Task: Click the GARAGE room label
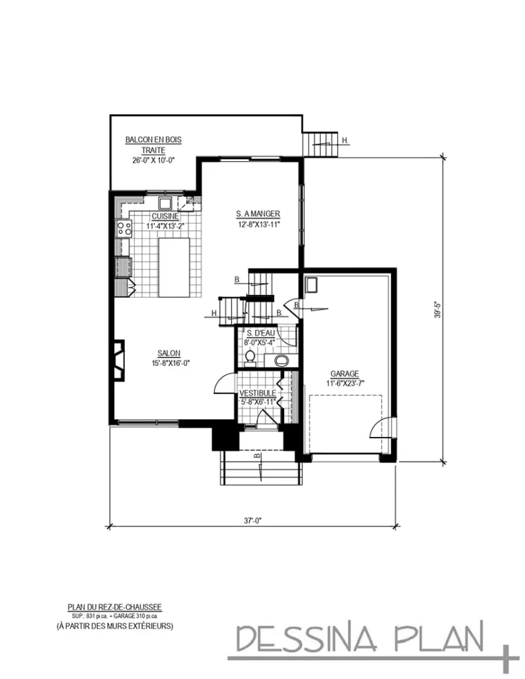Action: tap(344, 373)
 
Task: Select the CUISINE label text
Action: tap(165, 216)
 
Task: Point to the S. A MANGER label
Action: tap(258, 214)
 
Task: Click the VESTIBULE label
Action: tap(258, 393)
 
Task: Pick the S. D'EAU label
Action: tap(258, 334)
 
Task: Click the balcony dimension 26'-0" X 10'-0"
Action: tap(153, 160)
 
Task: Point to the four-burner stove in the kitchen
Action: tap(124, 229)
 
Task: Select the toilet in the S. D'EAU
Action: tap(250, 358)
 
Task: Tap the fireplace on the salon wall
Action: tap(118, 360)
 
